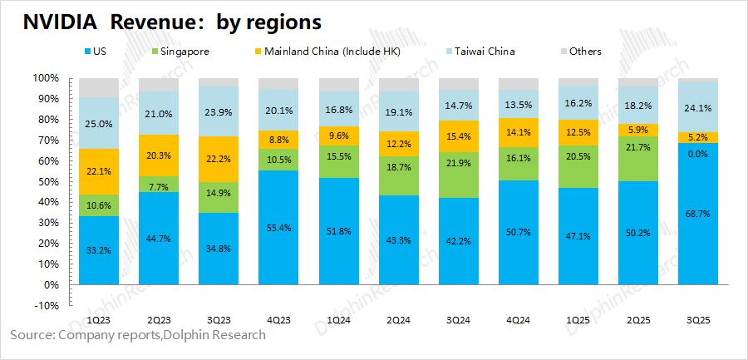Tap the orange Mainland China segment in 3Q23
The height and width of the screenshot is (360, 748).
point(219,160)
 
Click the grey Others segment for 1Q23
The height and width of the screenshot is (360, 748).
point(99,87)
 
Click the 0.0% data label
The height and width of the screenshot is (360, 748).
point(697,154)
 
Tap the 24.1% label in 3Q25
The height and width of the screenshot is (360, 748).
point(697,107)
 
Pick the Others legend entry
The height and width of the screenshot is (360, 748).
point(584,52)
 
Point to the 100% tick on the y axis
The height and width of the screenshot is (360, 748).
point(46,78)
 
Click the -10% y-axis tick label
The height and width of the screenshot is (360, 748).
point(46,305)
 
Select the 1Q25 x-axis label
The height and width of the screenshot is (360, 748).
point(578,321)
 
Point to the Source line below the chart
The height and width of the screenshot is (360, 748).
point(138,335)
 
